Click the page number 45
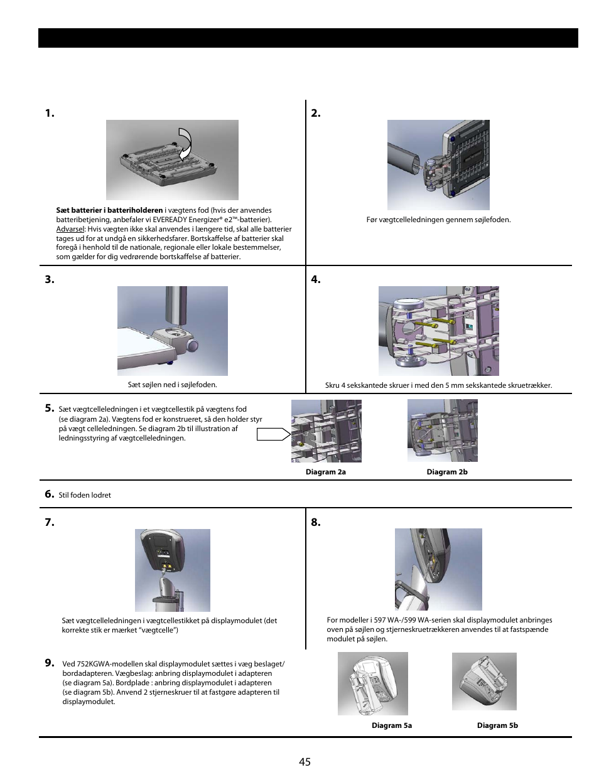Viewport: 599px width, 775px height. tap(305, 762)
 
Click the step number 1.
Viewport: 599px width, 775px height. tap(50, 114)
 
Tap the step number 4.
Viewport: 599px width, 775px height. tap(316, 280)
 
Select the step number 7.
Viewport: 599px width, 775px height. tap(50, 522)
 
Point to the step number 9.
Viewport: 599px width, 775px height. tap(50, 663)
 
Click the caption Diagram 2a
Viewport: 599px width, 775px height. tap(325, 472)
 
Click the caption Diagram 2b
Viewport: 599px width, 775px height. tap(446, 472)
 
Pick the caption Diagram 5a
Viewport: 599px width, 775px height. tap(391, 725)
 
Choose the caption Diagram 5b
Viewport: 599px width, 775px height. tap(497, 725)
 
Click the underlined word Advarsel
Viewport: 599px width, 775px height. tap(70, 229)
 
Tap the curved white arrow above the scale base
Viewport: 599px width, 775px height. tap(185, 144)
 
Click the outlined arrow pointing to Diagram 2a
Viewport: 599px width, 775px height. tap(273, 434)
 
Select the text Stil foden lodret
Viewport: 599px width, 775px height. tap(85, 495)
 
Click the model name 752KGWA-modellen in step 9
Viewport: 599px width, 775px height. tap(111, 664)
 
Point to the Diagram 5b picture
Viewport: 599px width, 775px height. tap(484, 681)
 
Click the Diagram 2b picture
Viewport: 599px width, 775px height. tap(442, 430)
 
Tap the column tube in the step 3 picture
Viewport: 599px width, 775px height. tap(176, 305)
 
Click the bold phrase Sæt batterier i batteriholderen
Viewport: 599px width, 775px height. tap(109, 210)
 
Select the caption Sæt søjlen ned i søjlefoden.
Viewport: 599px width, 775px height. tap(172, 385)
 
